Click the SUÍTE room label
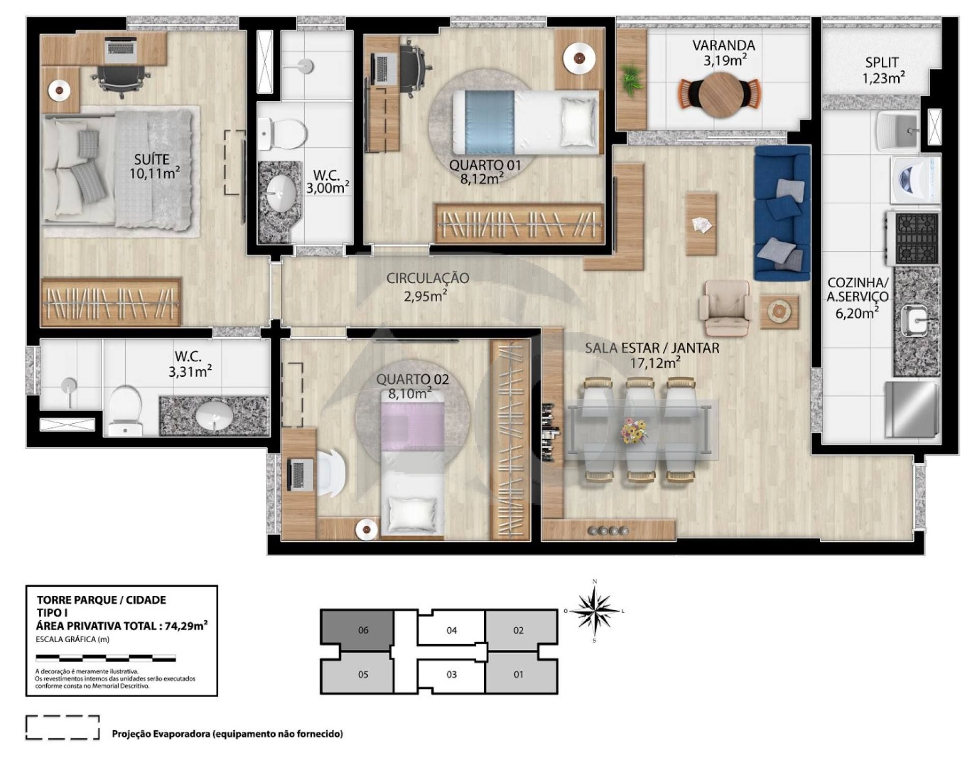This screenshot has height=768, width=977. click(152, 159)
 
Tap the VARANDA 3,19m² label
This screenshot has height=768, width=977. click(724, 53)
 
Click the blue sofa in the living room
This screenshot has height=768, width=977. click(782, 213)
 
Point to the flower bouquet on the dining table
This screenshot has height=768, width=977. click(634, 431)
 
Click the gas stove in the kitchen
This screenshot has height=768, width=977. click(916, 238)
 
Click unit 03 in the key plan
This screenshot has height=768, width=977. click(451, 674)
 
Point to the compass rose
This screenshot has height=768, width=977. click(594, 611)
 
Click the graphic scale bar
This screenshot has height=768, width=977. click(106, 658)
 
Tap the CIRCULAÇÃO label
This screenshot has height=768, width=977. click(427, 278)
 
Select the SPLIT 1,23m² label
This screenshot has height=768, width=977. click(882, 70)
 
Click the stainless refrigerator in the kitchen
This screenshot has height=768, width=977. click(913, 409)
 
